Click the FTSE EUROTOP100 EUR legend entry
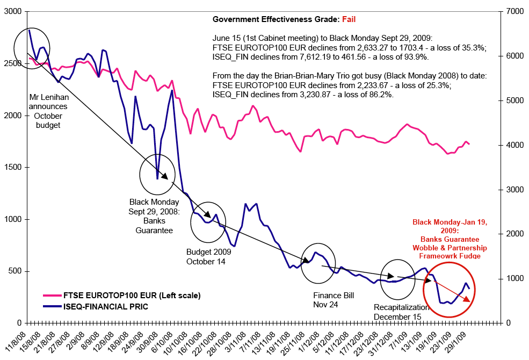point(132,296)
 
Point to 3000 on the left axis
point(12,12)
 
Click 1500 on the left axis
point(12,167)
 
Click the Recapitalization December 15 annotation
point(402,312)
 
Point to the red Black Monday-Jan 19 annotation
point(450,239)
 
